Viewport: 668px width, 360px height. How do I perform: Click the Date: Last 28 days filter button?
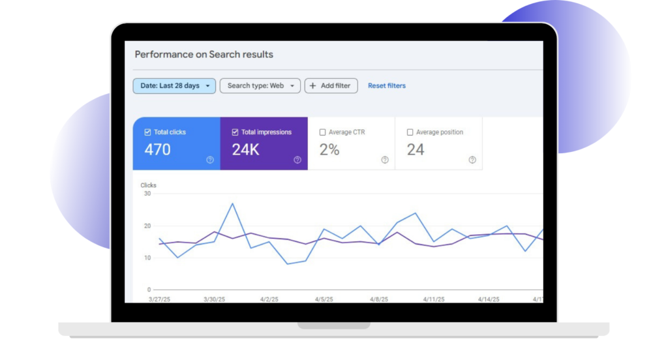(x=174, y=85)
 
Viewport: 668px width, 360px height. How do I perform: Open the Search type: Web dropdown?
(x=260, y=85)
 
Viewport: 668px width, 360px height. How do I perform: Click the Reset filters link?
(x=386, y=85)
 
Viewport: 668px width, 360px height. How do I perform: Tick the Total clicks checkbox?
(x=147, y=132)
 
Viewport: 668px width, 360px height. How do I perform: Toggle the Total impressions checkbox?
(x=235, y=132)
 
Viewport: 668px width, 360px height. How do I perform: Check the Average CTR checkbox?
(x=322, y=132)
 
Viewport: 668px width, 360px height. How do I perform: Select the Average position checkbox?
(x=410, y=132)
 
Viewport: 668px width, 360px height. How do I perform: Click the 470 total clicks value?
(x=157, y=149)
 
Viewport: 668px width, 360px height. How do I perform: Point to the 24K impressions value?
(x=245, y=149)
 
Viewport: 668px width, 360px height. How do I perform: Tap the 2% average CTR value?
(x=329, y=149)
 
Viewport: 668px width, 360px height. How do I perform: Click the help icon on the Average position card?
(x=472, y=160)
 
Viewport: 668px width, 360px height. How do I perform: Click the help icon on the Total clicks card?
(x=210, y=160)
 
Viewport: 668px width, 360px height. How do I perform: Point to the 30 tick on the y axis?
(x=147, y=194)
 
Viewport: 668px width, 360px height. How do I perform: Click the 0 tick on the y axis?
(x=149, y=290)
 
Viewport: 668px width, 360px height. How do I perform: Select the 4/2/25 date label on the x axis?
(x=269, y=299)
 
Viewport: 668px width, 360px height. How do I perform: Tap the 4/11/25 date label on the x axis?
(x=434, y=299)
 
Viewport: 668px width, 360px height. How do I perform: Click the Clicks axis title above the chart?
(x=148, y=185)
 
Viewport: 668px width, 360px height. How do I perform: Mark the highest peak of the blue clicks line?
(x=233, y=203)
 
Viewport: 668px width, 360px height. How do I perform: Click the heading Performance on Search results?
(x=204, y=55)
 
